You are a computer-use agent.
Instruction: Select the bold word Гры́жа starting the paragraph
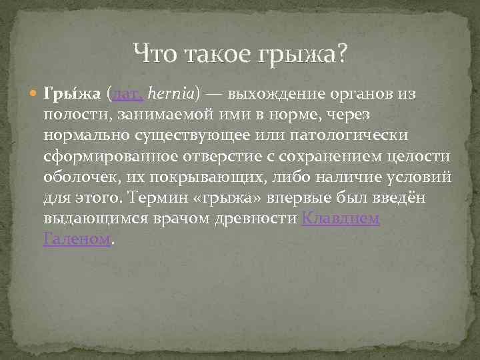[x=71, y=94]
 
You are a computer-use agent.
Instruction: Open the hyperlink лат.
[x=127, y=94]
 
